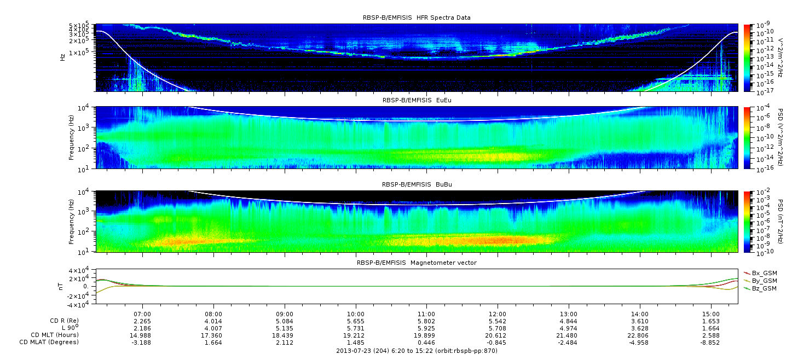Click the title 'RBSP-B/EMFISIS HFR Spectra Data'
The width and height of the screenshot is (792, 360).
pos(417,18)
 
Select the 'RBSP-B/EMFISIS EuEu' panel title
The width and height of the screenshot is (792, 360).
pos(417,100)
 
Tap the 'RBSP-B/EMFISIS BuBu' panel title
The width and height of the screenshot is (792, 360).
pos(417,184)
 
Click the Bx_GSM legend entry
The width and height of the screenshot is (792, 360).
pos(761,273)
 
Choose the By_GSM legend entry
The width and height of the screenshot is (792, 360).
pos(761,281)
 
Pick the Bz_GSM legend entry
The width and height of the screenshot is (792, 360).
pos(761,289)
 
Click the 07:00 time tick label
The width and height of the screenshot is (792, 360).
pos(142,315)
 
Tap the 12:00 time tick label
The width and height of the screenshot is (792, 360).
pos(498,315)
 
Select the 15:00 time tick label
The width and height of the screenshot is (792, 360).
pos(710,315)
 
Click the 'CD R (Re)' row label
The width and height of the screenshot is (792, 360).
pos(65,321)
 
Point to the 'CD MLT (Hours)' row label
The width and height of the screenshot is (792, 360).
pos(55,335)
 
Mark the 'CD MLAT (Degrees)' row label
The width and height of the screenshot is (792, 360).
pos(49,342)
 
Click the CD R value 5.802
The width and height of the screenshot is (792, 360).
pos(426,322)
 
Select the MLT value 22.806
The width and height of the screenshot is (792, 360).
pos(640,335)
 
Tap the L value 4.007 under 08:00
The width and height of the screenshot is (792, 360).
pos(213,329)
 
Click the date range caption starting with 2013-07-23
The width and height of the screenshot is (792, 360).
pos(417,351)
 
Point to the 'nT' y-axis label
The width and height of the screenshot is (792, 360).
pos(60,286)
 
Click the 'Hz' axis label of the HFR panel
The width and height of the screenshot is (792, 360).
pos(62,57)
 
